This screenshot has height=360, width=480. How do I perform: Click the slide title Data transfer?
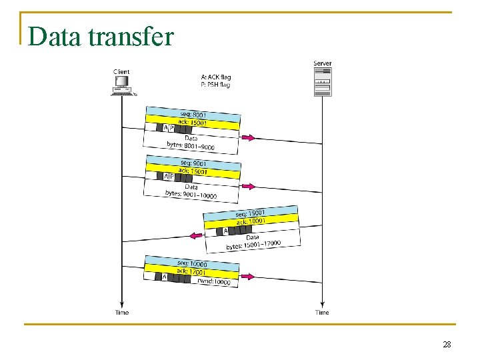click(101, 37)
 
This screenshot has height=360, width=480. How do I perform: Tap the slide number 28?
click(447, 344)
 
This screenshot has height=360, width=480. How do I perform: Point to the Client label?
click(121, 71)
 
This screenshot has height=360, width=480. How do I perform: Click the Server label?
click(322, 64)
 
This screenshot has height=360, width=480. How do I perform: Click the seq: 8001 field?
click(193, 114)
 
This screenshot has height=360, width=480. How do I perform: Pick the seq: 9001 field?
click(193, 163)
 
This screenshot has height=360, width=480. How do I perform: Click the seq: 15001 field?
click(251, 213)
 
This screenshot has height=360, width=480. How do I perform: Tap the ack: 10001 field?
click(251, 221)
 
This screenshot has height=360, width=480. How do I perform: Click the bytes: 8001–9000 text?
click(191, 146)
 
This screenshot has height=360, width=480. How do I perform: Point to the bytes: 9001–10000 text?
click(191, 195)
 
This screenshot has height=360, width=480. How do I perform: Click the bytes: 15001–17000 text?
click(253, 245)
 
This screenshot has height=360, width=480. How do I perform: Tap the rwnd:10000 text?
click(213, 281)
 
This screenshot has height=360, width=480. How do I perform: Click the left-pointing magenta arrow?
click(195, 235)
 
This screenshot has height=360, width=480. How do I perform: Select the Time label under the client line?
click(121, 313)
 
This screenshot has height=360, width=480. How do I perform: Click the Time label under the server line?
click(322, 313)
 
